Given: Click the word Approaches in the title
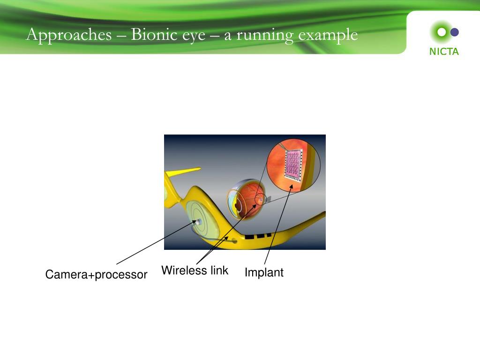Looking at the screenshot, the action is tap(69, 35).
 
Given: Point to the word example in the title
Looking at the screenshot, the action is tap(328, 35).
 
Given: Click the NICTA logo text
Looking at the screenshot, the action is tap(444, 52).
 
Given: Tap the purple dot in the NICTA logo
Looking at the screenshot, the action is tap(454, 32).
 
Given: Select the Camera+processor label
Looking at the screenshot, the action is tap(96, 275).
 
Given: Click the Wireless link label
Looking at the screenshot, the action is tap(195, 270).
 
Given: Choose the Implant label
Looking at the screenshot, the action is tap(264, 272).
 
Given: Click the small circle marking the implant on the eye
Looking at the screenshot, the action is tap(259, 200).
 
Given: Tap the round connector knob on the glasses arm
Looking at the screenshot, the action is tap(234, 241).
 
